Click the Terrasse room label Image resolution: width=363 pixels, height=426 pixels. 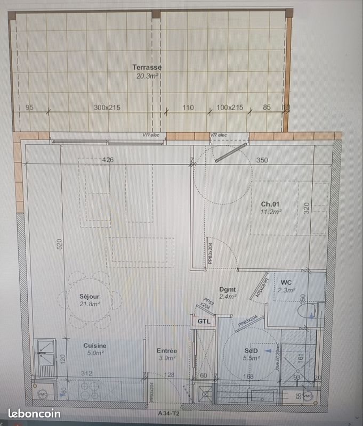(x=147, y=67)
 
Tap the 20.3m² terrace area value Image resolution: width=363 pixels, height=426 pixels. (x=147, y=76)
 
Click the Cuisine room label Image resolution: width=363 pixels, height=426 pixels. (x=94, y=345)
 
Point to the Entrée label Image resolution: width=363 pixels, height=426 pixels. (x=167, y=351)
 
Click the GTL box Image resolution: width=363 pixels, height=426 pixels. (x=204, y=322)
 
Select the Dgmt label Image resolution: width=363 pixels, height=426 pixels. (x=228, y=290)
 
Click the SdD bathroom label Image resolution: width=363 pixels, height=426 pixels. (x=251, y=351)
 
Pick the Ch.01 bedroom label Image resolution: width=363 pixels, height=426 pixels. (x=270, y=204)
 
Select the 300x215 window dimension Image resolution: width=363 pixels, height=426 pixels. (x=107, y=108)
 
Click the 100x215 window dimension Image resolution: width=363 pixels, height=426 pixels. (x=230, y=108)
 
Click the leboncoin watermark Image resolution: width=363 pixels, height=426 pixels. (x=34, y=414)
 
